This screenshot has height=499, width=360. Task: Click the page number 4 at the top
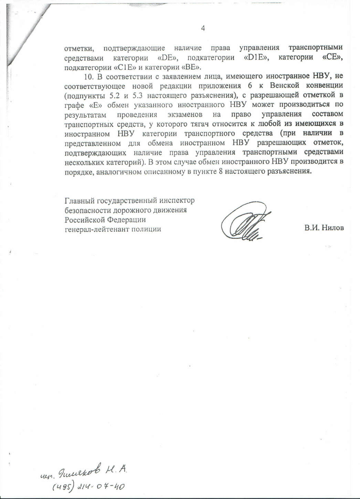(x=203, y=28)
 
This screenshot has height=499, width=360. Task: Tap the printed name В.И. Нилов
(x=324, y=227)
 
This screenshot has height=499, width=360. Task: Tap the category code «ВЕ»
(x=191, y=66)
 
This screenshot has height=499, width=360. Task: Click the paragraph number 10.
(x=88, y=76)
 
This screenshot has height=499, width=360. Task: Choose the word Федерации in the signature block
(x=128, y=220)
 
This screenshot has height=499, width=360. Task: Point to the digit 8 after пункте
(x=221, y=171)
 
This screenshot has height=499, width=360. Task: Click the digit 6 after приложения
(x=250, y=85)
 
